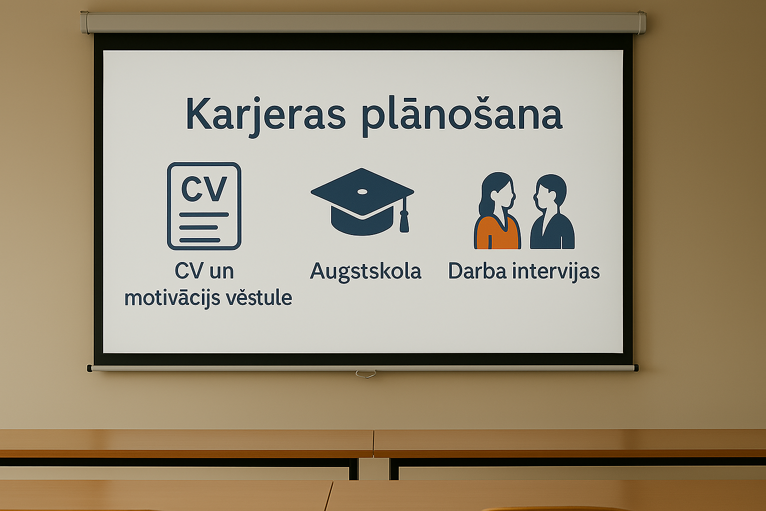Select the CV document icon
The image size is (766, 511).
(204, 206)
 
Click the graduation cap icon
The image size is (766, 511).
(362, 202)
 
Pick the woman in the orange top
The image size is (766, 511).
(497, 211)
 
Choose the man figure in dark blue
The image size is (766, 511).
(552, 212)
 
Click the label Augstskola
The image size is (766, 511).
(365, 272)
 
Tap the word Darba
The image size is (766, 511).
(477, 271)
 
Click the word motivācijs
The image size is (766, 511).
(173, 298)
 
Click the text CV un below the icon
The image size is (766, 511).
(204, 271)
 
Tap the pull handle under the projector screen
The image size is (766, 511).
(366, 374)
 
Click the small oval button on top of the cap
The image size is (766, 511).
(362, 192)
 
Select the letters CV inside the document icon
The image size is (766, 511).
(204, 189)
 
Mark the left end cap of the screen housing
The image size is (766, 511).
(84, 22)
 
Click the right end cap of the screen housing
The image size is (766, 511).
(642, 22)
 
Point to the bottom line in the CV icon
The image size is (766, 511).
(199, 240)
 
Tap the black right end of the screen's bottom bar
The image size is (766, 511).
(636, 368)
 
